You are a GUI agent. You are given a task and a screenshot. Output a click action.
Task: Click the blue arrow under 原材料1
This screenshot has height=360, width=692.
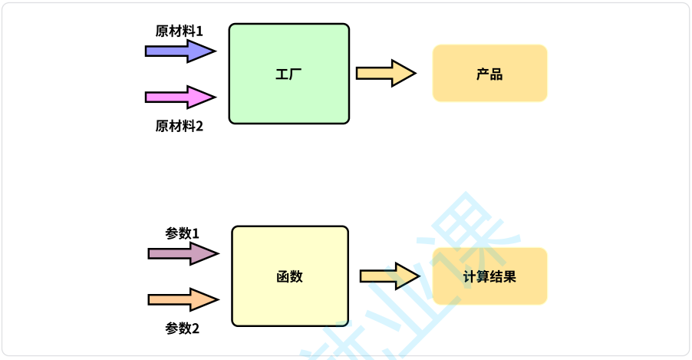tap(178, 51)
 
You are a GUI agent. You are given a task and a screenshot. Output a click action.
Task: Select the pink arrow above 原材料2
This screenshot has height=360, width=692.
tap(178, 97)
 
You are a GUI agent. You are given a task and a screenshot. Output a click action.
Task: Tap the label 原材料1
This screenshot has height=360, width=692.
tap(179, 31)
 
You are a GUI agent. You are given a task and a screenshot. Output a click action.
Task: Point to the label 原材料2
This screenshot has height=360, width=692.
tap(179, 126)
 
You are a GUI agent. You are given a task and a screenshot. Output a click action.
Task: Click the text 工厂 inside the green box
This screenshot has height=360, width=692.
tap(288, 74)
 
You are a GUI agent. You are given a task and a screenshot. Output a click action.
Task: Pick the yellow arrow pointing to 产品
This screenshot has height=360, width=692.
tap(384, 74)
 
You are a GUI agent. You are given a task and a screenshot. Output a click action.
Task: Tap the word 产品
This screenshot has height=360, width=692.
tap(489, 74)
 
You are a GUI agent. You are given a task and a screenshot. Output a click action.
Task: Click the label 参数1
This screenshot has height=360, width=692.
tap(182, 233)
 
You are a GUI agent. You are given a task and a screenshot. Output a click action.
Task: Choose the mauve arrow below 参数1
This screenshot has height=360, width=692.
tap(182, 253)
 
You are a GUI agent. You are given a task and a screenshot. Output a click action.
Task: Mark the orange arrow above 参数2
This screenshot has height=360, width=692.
tap(182, 299)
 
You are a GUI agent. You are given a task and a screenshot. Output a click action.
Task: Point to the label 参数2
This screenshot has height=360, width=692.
tap(182, 328)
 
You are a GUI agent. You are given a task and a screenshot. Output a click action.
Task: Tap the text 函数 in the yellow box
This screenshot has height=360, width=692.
tap(289, 276)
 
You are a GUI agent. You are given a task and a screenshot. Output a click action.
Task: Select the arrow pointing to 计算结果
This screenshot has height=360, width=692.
tap(388, 276)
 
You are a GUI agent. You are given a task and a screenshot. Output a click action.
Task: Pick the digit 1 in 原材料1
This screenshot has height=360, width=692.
tap(199, 31)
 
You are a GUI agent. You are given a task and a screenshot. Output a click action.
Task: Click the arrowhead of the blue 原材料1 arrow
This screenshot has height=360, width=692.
tap(203, 51)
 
